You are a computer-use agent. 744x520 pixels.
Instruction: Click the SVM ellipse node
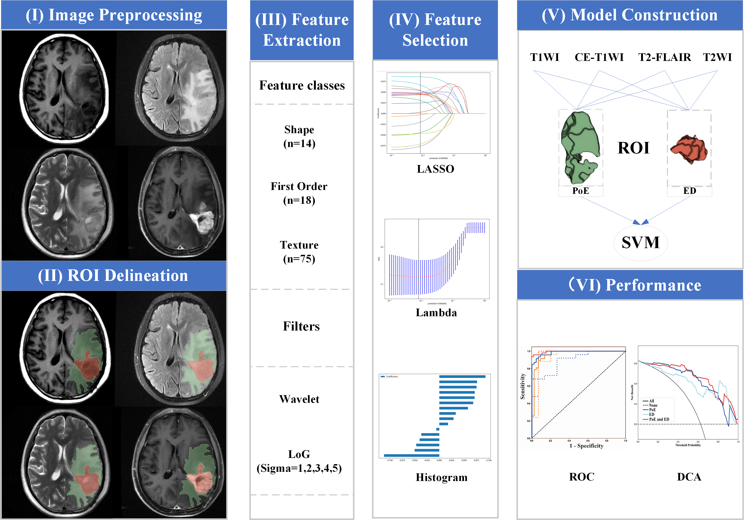(640, 243)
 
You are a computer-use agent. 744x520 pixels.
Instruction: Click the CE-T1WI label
(599, 57)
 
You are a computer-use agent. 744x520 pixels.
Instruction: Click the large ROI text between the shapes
(633, 148)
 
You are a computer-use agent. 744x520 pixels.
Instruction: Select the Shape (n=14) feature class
(299, 136)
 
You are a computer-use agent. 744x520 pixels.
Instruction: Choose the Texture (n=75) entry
(299, 252)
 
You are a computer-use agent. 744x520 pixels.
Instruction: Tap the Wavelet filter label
(299, 399)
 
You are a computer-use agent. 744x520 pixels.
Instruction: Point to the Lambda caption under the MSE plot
(436, 313)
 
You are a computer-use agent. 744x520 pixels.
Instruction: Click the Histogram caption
(441, 478)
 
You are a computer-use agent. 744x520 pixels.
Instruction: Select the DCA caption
(689, 477)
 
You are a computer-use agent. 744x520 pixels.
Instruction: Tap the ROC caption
(582, 477)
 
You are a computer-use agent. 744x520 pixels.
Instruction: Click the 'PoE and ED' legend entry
(659, 419)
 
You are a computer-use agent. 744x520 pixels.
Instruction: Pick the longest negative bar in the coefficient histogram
(412, 455)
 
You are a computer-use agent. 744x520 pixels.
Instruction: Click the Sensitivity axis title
(522, 386)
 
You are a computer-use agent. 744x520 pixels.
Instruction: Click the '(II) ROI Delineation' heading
(113, 276)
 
